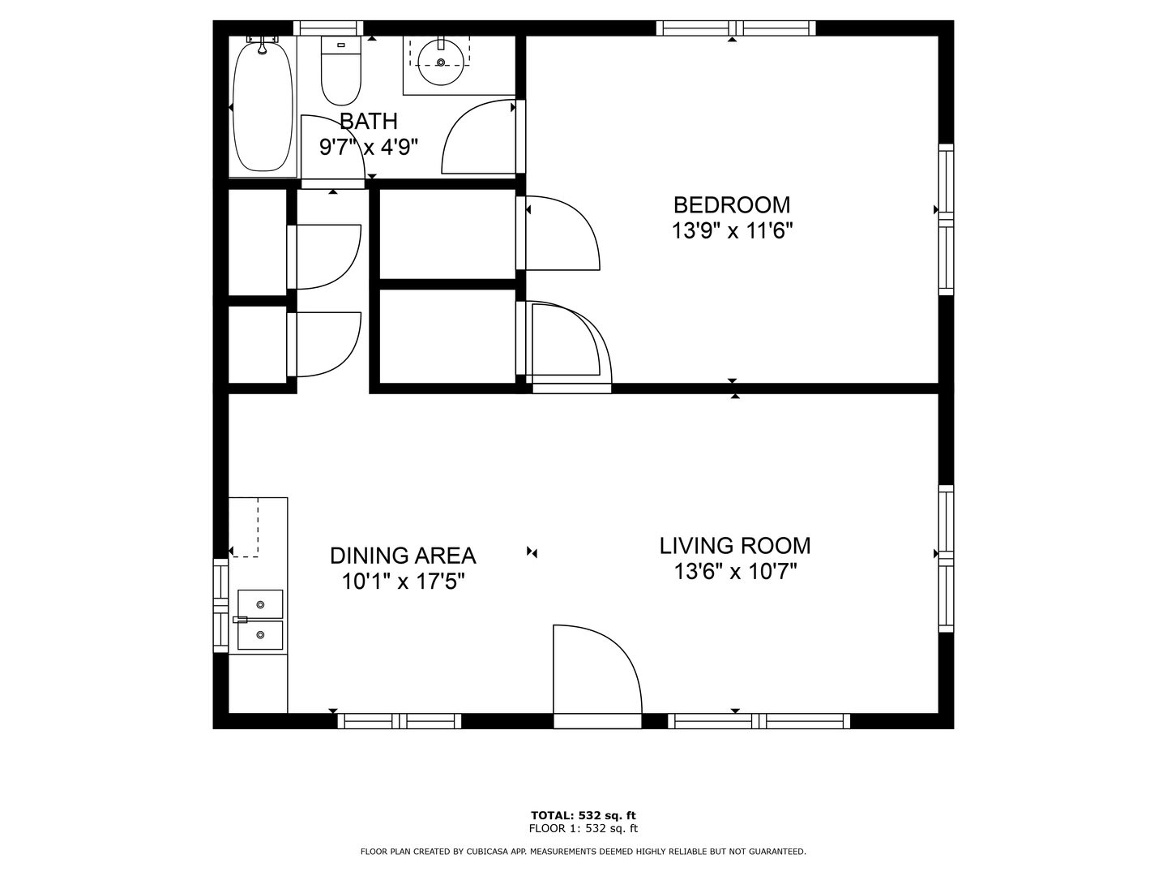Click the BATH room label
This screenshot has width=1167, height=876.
click(368, 122)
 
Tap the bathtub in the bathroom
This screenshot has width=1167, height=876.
click(263, 105)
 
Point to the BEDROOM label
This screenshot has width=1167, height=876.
click(731, 205)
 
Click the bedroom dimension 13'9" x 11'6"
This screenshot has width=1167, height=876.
click(731, 231)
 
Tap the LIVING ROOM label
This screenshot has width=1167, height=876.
click(734, 546)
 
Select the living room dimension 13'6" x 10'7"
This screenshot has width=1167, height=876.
click(735, 572)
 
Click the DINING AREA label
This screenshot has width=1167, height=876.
click(402, 556)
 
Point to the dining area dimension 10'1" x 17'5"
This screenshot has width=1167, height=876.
click(402, 582)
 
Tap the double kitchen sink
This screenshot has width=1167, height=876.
click(260, 620)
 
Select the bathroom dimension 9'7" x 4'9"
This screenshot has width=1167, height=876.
click(368, 148)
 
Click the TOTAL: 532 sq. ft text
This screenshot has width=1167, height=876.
click(583, 815)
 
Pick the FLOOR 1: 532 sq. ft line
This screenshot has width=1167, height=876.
click(583, 828)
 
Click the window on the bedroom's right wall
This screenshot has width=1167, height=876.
click(946, 219)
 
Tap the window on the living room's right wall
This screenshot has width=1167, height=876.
click(946, 558)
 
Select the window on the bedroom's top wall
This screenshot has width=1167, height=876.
click(735, 28)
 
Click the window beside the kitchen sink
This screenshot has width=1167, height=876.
click(220, 605)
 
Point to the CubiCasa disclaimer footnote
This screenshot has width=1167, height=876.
click(583, 852)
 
